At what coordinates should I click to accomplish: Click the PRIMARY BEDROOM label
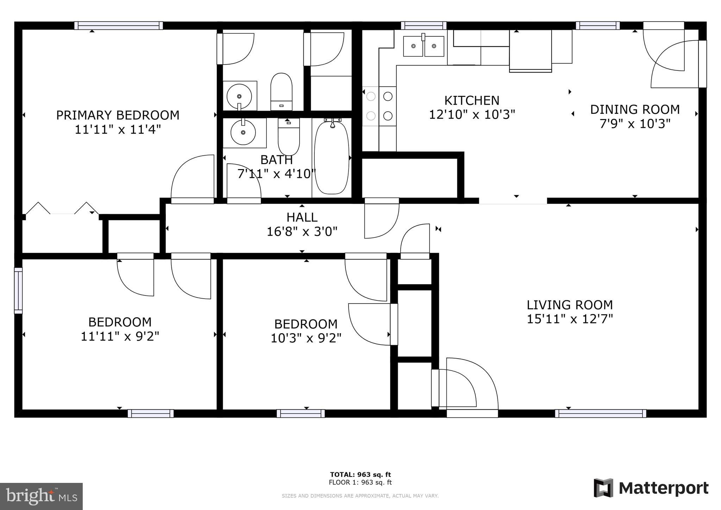pos(118,115)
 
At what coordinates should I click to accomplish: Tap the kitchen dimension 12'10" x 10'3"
pos(472,115)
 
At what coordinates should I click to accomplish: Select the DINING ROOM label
pos(635,110)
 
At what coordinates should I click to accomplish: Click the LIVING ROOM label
pos(570,305)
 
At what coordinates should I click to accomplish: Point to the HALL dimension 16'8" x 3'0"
pos(302,232)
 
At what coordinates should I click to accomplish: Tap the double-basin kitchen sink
pos(423,46)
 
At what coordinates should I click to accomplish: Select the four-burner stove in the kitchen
pos(379,106)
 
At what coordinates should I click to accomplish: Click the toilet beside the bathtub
pos(289,137)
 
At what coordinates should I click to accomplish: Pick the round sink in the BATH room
pos(243,132)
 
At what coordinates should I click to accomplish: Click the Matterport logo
pos(651,488)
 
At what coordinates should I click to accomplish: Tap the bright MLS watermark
pos(41,496)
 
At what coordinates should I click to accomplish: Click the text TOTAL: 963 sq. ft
pos(360,474)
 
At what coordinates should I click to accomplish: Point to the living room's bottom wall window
pos(600,413)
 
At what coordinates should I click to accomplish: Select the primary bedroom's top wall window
pos(118,25)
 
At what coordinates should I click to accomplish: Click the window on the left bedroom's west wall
pos(18,291)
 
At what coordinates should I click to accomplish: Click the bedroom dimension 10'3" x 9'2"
pos(306,338)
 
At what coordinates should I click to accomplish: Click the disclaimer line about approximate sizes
pos(360,496)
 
